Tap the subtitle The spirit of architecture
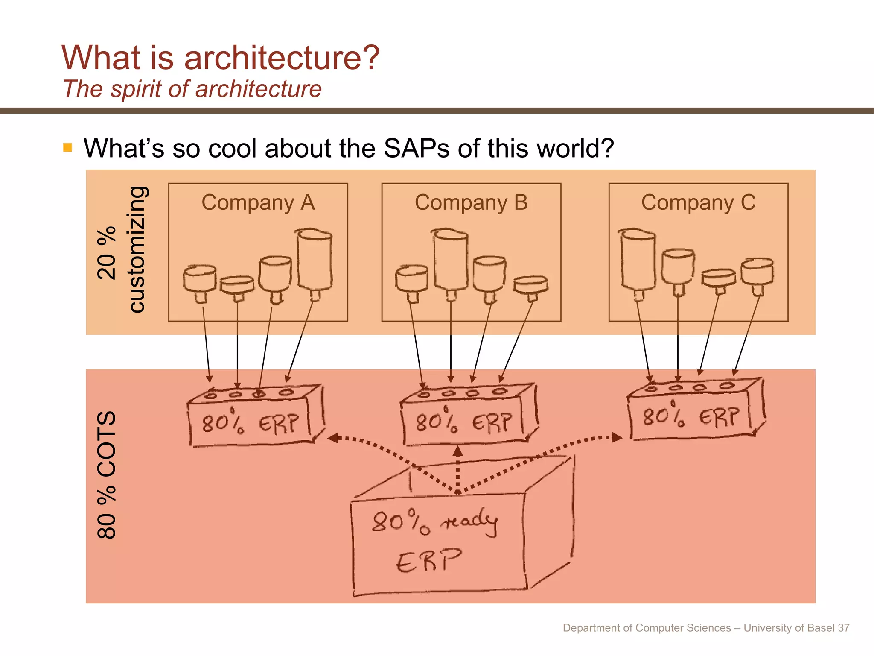pos(192,89)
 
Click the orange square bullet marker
pos(67,148)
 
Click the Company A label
pos(258,202)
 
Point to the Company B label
pos(471,202)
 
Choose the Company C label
pos(698,202)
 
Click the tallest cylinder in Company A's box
pos(315,261)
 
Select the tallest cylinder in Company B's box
pos(451,260)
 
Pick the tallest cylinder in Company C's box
pos(638,261)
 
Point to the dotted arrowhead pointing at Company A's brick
pos(333,438)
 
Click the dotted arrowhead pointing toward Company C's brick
pos(617,437)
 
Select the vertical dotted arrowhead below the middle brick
pos(457,451)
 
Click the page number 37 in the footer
pos(843,628)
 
